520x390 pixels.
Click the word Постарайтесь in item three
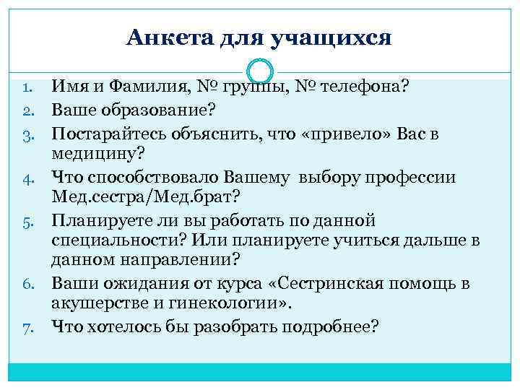coord(105,134)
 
